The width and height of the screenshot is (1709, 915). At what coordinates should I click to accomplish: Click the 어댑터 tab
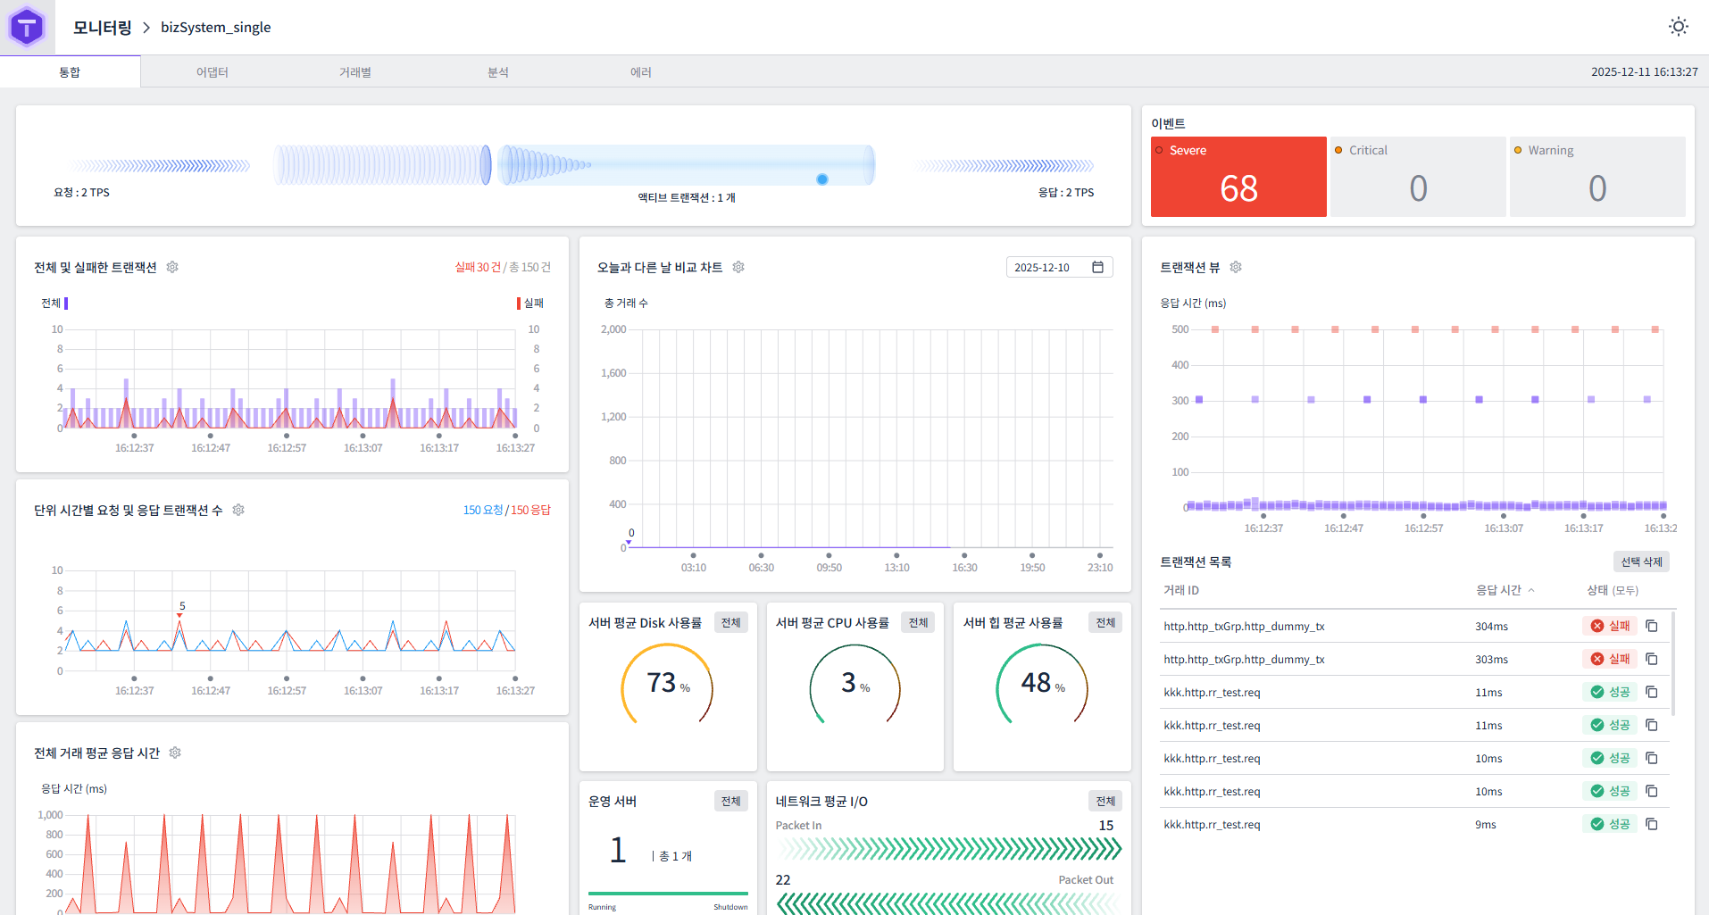[x=213, y=72]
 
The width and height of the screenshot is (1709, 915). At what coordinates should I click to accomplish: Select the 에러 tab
[x=640, y=72]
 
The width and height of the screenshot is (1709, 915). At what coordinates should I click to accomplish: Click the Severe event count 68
[x=1238, y=188]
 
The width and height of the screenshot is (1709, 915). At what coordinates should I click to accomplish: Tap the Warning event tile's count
[x=1596, y=188]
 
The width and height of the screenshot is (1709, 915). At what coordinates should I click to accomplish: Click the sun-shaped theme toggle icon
[x=1678, y=27]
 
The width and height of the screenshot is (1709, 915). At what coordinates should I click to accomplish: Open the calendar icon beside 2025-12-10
[x=1097, y=267]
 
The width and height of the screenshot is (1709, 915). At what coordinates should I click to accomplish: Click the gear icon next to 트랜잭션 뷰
[x=1236, y=267]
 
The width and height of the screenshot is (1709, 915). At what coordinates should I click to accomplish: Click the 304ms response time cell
[x=1491, y=627]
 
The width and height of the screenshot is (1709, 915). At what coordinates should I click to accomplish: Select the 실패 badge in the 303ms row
[x=1610, y=659]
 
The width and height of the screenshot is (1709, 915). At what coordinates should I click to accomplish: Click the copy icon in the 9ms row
[x=1651, y=824]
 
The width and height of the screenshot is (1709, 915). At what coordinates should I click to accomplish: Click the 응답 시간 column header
[x=1498, y=590]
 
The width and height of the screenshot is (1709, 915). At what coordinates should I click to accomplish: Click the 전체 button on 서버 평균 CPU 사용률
[x=918, y=622]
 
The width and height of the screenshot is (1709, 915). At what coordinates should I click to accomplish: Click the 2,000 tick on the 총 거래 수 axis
[x=613, y=329]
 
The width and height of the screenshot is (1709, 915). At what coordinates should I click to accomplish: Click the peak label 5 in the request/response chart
[x=182, y=605]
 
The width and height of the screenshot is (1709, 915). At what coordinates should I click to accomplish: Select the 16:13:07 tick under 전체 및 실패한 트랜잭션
[x=363, y=448]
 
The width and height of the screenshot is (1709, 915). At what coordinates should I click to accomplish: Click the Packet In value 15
[x=1105, y=825]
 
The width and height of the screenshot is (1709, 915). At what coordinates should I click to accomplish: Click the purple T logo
[x=27, y=28]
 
